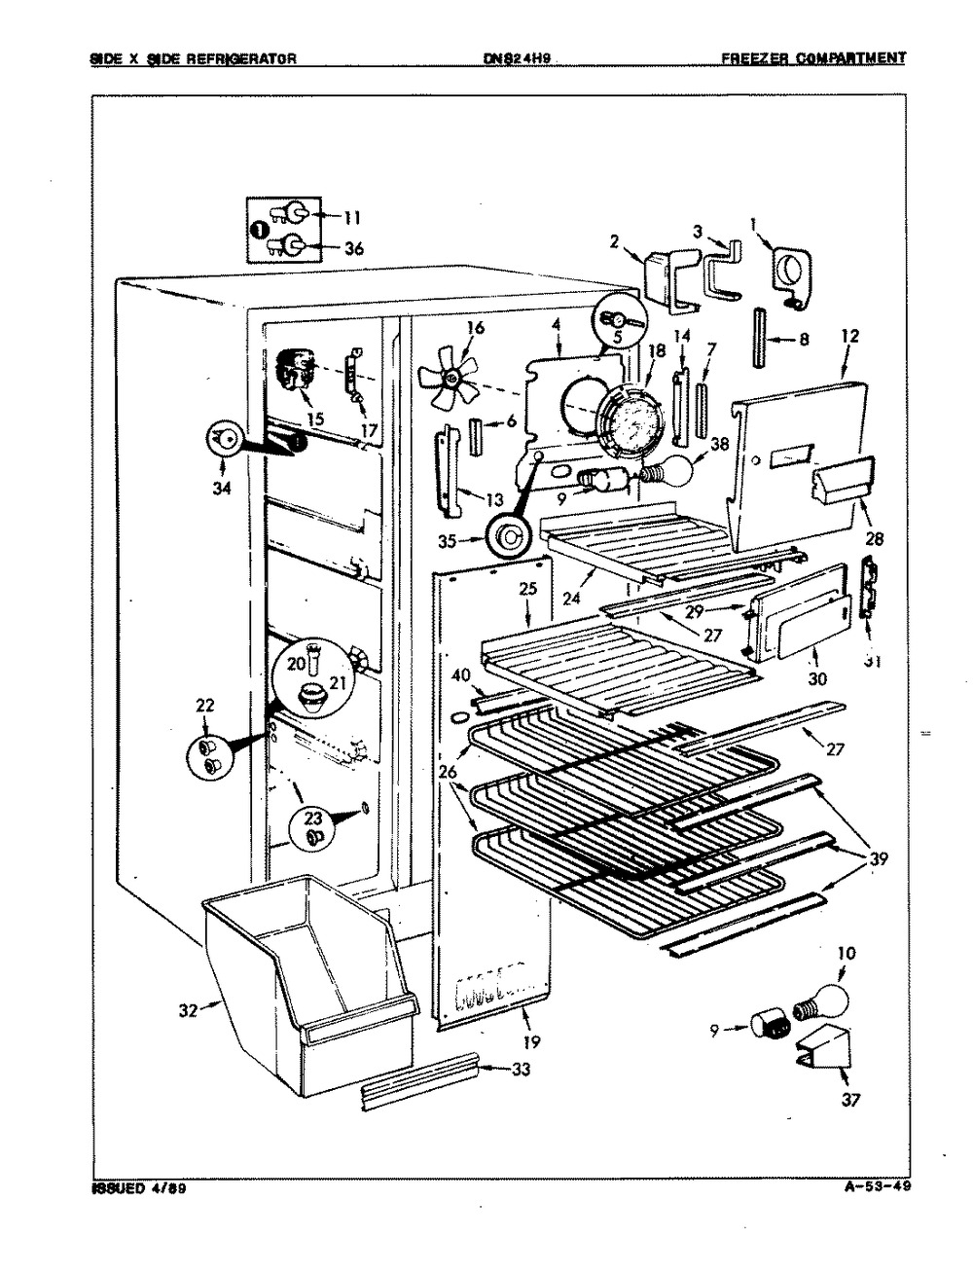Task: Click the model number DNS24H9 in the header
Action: click(518, 57)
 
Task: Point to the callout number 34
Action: click(222, 489)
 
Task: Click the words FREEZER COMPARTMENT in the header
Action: click(812, 57)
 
